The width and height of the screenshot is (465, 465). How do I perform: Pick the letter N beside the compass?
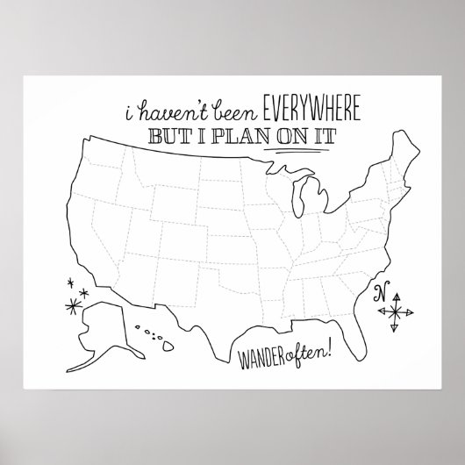coord(381,293)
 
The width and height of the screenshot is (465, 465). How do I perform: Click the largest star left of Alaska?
coord(69,304)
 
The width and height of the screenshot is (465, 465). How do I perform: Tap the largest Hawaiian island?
coord(165,346)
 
